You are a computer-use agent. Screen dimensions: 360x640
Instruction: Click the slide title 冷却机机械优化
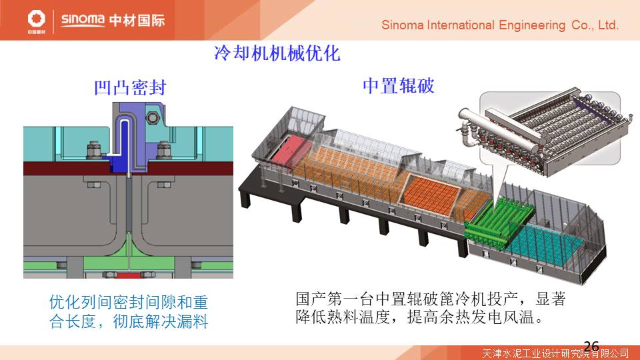tap(277, 53)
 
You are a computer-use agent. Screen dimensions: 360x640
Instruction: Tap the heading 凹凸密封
tap(129, 87)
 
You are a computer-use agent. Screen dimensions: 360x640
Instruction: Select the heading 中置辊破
tap(398, 86)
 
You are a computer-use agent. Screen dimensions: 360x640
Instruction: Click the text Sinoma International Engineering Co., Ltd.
tap(500, 25)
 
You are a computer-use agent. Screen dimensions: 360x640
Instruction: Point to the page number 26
tap(591, 345)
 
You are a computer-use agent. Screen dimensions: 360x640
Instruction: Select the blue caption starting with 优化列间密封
tap(129, 312)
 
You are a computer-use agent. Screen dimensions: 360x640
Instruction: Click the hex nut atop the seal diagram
tap(151, 118)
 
